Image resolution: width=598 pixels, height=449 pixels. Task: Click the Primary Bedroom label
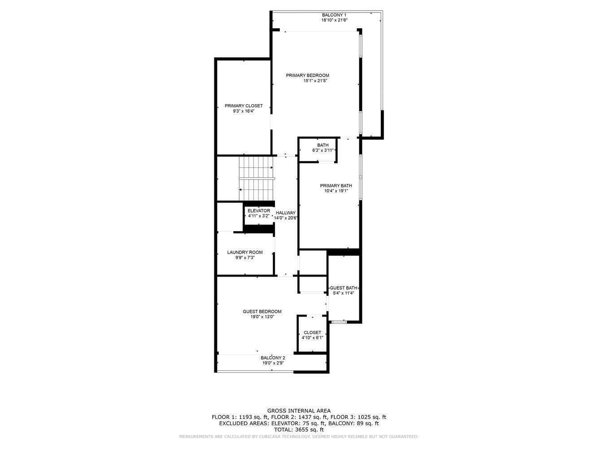307,75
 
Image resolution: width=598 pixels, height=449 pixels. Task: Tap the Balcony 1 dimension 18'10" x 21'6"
334,20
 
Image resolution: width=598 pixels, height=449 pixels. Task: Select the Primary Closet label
244,106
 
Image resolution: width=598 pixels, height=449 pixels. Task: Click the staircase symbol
256,178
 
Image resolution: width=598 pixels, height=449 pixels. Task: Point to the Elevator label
259,211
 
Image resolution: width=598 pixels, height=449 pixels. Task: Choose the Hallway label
286,213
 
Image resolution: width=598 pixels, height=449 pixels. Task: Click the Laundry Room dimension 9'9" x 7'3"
245,258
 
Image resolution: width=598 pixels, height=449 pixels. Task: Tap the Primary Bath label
336,185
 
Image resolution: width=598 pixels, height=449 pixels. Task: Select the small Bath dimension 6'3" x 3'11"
323,150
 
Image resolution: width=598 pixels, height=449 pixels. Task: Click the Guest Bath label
344,288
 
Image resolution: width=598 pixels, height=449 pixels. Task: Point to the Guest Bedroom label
262,312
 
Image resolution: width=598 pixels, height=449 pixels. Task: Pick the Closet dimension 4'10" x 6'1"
312,338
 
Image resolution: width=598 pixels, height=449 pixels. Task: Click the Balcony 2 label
273,358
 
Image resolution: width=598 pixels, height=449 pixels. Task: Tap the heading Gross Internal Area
299,410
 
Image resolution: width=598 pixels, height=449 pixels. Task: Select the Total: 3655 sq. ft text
299,430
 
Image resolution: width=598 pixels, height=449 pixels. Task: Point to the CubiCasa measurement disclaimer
299,437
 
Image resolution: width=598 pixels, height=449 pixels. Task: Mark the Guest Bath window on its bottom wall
339,322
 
